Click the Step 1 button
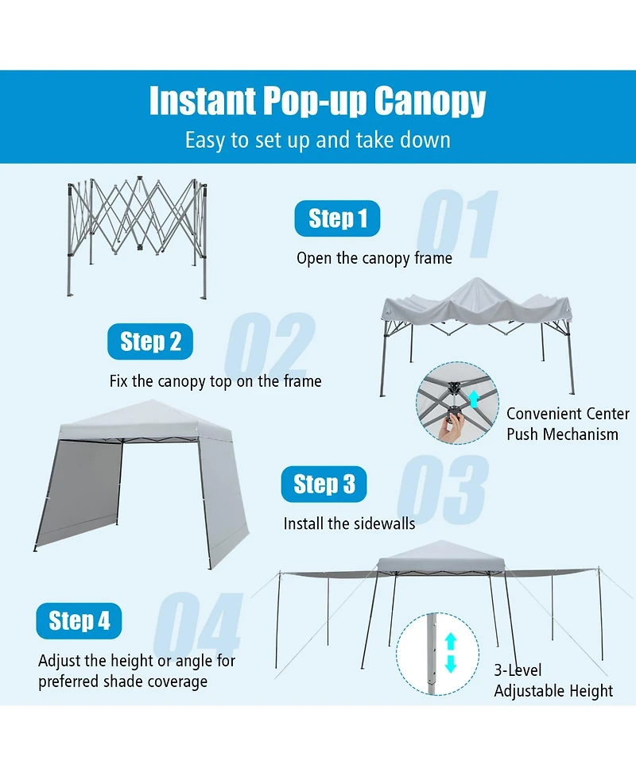click(x=337, y=219)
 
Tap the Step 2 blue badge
click(x=150, y=342)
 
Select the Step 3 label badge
click(x=324, y=485)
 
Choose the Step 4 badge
click(x=79, y=621)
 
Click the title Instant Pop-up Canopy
click(x=317, y=101)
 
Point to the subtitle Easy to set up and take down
click(x=317, y=141)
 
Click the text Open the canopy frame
click(x=374, y=258)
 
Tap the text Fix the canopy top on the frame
click(x=215, y=381)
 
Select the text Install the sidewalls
click(x=349, y=523)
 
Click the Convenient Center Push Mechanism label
click(x=566, y=424)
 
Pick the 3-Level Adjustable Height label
click(x=553, y=681)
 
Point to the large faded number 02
click(x=270, y=347)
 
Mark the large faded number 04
click(x=197, y=627)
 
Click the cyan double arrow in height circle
click(x=450, y=653)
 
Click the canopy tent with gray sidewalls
click(x=139, y=481)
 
